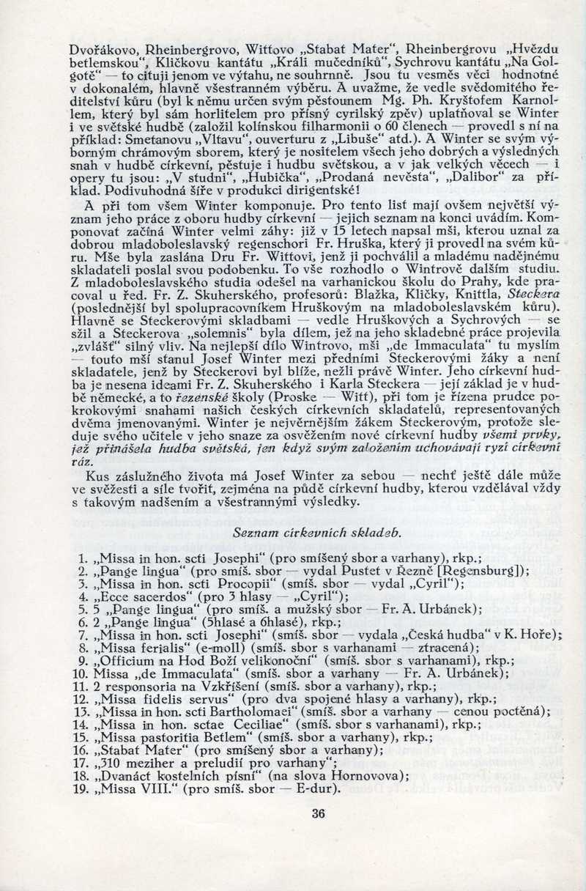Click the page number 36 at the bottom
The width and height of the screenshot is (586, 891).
(x=318, y=813)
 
